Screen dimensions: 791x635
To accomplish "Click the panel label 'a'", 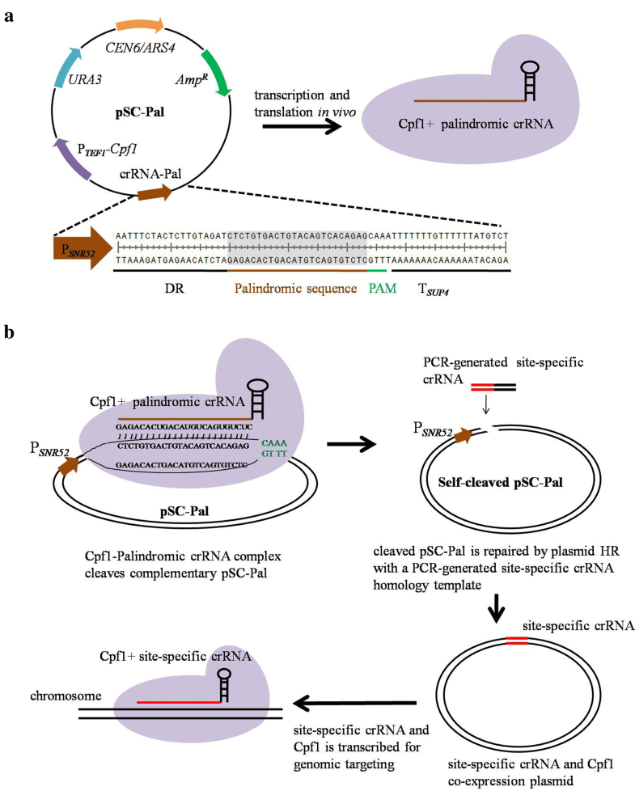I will coord(9,14).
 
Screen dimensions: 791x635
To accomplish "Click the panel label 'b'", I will coord(10,332).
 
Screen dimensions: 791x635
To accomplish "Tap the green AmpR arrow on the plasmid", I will coord(216,71).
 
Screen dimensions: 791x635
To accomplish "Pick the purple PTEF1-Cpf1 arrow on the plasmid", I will coord(70,158).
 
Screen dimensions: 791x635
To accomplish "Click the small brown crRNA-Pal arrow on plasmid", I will coord(154,193).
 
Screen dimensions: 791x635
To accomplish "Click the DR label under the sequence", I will coord(174,287).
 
